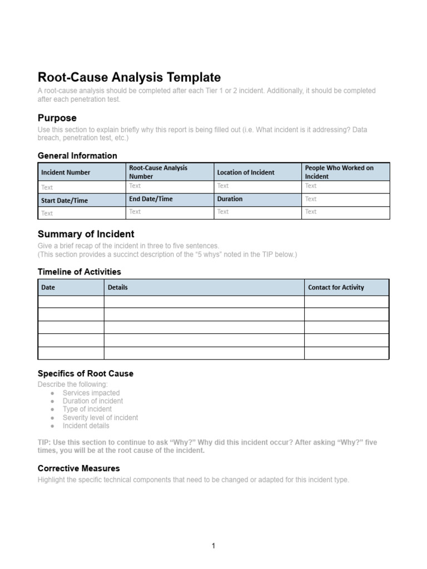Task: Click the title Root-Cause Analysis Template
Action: coord(129,77)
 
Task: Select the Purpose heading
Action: coord(57,118)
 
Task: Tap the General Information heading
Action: coord(77,156)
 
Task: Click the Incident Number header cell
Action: coord(66,172)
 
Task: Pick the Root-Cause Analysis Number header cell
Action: coord(158,172)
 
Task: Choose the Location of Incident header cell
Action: coord(245,172)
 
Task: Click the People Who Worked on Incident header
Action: coord(339,172)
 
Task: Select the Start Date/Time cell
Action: coord(64,201)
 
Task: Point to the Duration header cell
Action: coord(230,199)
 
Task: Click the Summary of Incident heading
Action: coord(86,234)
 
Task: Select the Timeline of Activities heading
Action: coord(79,272)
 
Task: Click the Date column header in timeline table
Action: coord(48,287)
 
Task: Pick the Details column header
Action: coord(118,287)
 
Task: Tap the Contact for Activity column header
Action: coord(336,287)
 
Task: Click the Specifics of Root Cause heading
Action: coord(85,373)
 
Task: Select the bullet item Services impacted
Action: coord(91,393)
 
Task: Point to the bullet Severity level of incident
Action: coord(100,417)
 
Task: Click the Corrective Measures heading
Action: coord(78,468)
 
